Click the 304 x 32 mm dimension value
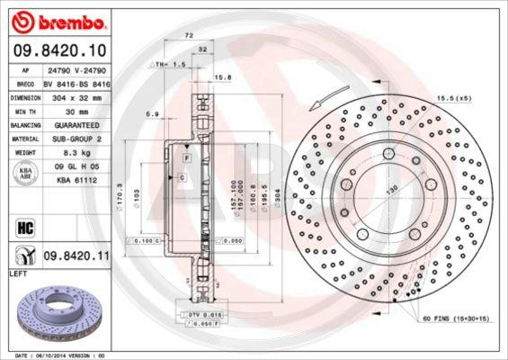[x=75, y=94]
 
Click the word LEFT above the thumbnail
[x=18, y=272]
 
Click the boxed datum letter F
[x=186, y=157]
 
